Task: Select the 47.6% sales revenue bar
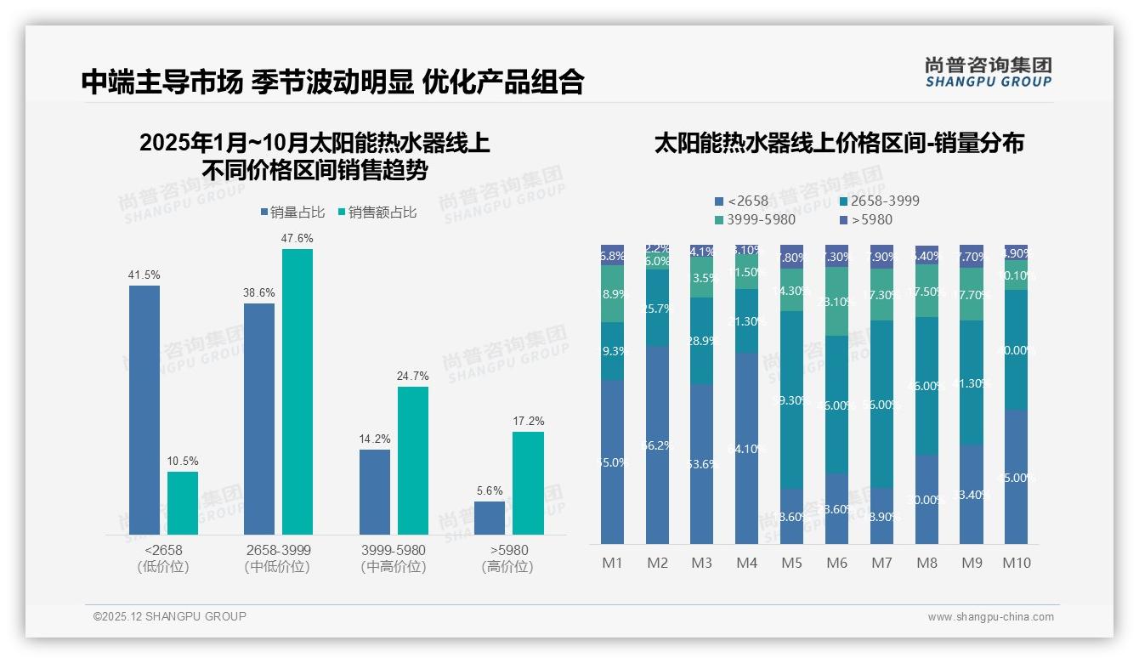click(297, 391)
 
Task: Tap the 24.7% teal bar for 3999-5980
click(413, 460)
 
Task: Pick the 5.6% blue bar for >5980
click(490, 518)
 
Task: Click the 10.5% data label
click(183, 462)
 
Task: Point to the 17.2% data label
click(528, 422)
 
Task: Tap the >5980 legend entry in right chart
click(866, 220)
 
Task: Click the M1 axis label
click(613, 563)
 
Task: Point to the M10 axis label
click(1016, 563)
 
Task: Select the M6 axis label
click(836, 563)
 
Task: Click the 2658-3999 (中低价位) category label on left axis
click(277, 558)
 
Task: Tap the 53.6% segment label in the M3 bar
click(702, 465)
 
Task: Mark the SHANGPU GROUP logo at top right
click(988, 72)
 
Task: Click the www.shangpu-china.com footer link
click(990, 617)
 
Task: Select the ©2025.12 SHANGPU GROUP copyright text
click(170, 616)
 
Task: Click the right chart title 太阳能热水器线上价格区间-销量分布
click(839, 143)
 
